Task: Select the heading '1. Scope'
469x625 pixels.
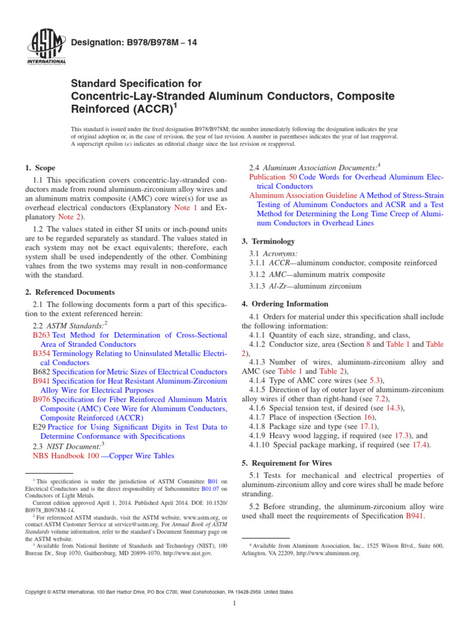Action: point(40,168)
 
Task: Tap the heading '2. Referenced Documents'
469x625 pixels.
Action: point(70,292)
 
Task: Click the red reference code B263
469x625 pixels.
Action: point(41,335)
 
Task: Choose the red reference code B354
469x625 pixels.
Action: point(41,353)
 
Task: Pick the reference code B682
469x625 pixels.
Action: point(41,372)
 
